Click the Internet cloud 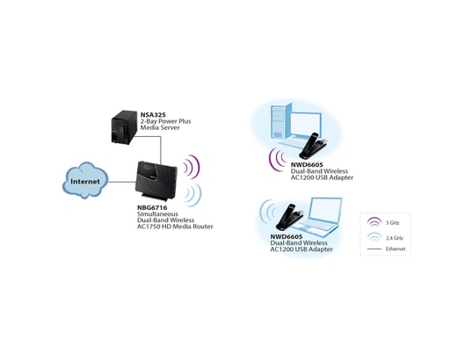pos(85,182)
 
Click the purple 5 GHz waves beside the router pos(192,166)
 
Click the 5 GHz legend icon pos(374,224)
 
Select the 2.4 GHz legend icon pos(374,237)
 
